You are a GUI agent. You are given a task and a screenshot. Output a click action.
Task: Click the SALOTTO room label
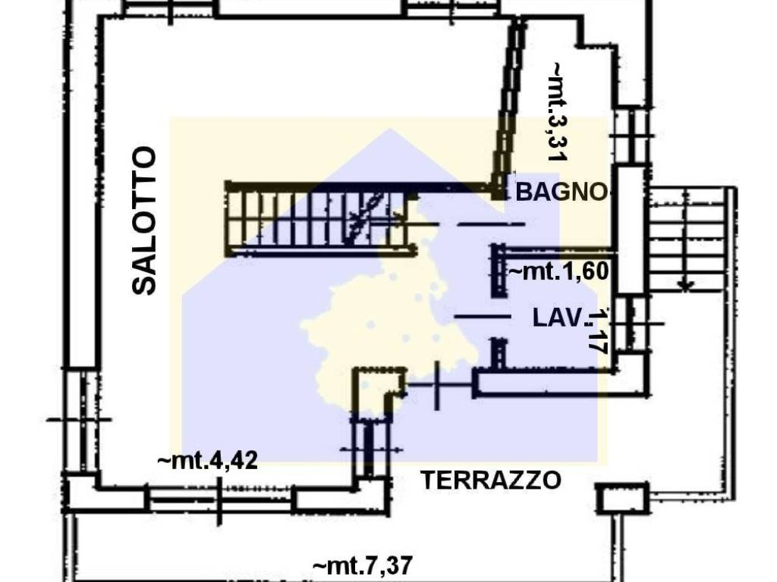pyautogui.click(x=143, y=221)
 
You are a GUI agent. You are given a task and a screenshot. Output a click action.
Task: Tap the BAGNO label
pyautogui.click(x=562, y=192)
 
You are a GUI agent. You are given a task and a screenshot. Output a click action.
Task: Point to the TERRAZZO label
pyautogui.click(x=491, y=480)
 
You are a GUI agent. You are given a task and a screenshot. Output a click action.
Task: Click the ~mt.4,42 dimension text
pyautogui.click(x=207, y=460)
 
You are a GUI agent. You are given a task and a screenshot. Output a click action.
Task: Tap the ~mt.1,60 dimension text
pyautogui.click(x=559, y=271)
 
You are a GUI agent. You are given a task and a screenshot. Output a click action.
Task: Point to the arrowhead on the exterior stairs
pyautogui.click(x=686, y=286)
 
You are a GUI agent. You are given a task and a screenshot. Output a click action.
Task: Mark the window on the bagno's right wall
pyautogui.click(x=630, y=136)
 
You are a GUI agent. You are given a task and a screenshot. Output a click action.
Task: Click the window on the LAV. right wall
pyautogui.click(x=630, y=324)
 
